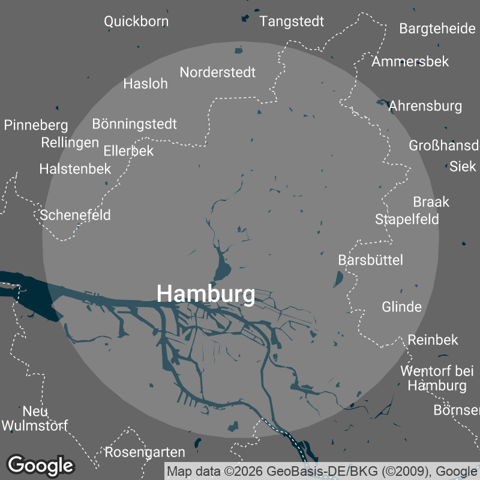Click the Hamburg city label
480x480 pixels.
205,294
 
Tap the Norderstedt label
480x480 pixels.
218,73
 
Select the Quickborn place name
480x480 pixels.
136,22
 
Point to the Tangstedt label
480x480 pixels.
292,22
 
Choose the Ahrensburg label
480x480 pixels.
425,106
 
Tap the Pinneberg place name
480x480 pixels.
36,125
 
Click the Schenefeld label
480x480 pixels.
76,215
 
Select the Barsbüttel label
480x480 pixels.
370,260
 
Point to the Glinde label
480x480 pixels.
401,307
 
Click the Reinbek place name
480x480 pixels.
433,340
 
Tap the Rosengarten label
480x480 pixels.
145,452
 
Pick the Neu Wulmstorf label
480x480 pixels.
35,419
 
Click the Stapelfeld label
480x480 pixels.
407,219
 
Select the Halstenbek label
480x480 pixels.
75,169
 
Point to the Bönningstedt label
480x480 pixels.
134,124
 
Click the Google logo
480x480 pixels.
40,465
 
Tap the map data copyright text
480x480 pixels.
322,471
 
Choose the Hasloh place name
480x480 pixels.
145,83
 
